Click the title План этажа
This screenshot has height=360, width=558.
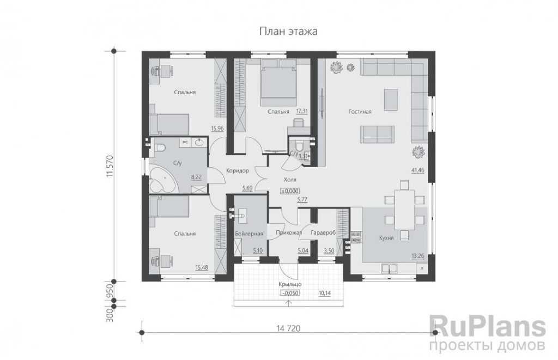288,32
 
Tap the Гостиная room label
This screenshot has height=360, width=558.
360,112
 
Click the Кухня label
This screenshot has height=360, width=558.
386,238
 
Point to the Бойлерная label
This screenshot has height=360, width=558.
249,234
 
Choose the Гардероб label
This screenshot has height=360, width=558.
323,233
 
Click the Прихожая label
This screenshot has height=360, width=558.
289,233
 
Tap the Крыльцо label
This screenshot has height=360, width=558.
290,284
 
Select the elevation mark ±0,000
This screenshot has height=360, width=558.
290,191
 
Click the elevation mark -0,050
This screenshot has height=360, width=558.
290,293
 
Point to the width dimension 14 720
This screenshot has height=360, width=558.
288,328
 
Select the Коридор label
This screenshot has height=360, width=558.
238,171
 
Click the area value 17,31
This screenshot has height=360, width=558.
302,111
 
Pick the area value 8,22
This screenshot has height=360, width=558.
196,176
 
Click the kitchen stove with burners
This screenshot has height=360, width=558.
356,237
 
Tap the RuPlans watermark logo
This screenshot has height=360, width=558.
487,333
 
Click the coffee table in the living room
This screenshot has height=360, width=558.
391,100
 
